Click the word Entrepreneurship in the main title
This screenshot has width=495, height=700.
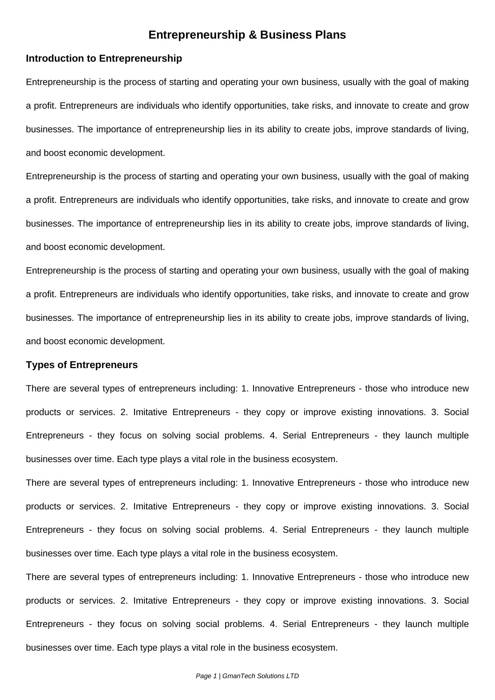coord(197,35)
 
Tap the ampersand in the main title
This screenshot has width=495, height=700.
coord(253,35)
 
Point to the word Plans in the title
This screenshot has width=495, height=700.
coord(330,35)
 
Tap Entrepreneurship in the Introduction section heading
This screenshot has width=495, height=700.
coord(141,58)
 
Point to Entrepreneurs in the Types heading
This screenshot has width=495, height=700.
coord(104,365)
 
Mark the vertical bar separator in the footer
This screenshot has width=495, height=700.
coord(219,676)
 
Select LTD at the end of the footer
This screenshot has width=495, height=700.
coord(292,676)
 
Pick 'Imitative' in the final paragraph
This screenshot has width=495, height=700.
coord(150,600)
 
